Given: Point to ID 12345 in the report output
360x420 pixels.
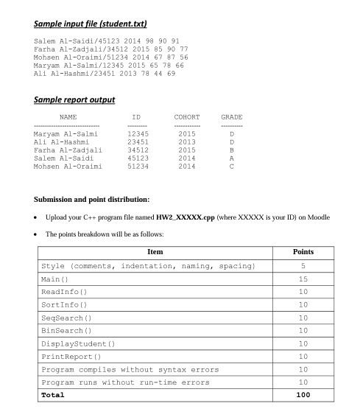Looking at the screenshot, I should click(x=138, y=133).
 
